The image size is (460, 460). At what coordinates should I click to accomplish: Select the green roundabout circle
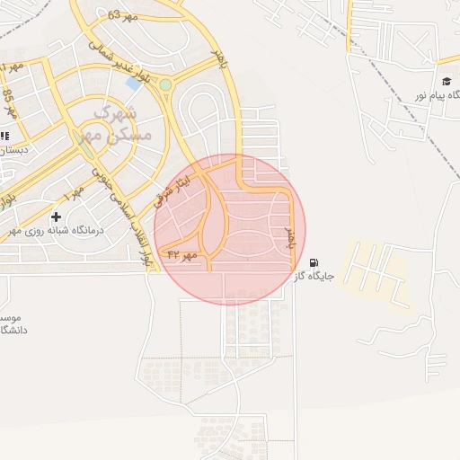[x=165, y=85]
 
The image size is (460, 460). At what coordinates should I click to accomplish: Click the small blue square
[x=133, y=84]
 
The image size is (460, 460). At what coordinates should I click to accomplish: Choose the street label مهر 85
[x=10, y=103]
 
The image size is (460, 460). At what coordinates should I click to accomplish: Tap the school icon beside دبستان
[x=4, y=136]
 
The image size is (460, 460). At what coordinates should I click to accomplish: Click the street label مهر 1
[x=75, y=191]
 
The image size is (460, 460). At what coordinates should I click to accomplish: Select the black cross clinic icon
[x=56, y=217]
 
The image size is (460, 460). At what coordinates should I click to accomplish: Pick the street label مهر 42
[x=182, y=257]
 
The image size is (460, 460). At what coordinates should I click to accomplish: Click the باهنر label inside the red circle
[x=289, y=237]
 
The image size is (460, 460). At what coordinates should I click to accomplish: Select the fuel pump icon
[x=313, y=263]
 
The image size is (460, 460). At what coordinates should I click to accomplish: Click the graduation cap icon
[x=447, y=82]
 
